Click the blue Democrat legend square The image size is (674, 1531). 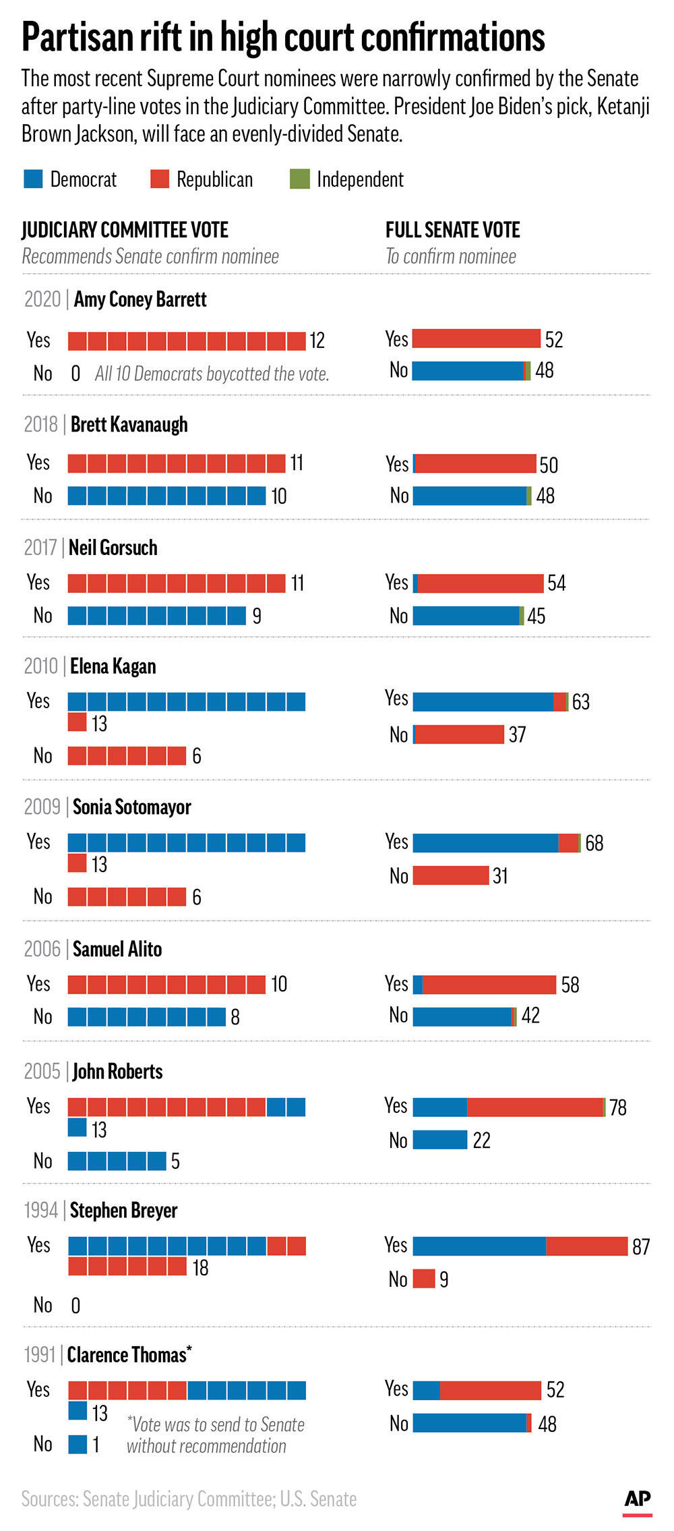point(33,179)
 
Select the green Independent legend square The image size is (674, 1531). point(299,179)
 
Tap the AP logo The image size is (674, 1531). point(637,1499)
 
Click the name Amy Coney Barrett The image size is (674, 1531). point(140,299)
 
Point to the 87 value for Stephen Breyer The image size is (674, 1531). point(640,1246)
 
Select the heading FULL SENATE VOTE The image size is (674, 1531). point(452,230)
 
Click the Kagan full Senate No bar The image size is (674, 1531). point(459,734)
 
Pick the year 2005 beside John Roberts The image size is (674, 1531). point(42,1071)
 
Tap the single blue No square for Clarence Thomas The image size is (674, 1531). point(78,1444)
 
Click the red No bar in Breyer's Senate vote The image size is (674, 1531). point(424,1279)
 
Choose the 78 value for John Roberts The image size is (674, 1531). point(617,1107)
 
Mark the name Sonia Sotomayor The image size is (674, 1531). point(131,807)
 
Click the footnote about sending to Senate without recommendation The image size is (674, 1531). point(215,1435)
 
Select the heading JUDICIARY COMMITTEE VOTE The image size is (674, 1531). point(125,230)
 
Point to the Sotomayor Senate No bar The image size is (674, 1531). point(450,875)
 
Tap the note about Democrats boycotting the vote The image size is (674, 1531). point(212,374)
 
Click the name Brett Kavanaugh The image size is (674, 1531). point(129,424)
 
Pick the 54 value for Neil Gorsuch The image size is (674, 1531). point(556,583)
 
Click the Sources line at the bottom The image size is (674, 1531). point(189,1499)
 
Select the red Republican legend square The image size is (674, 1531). point(160,179)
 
